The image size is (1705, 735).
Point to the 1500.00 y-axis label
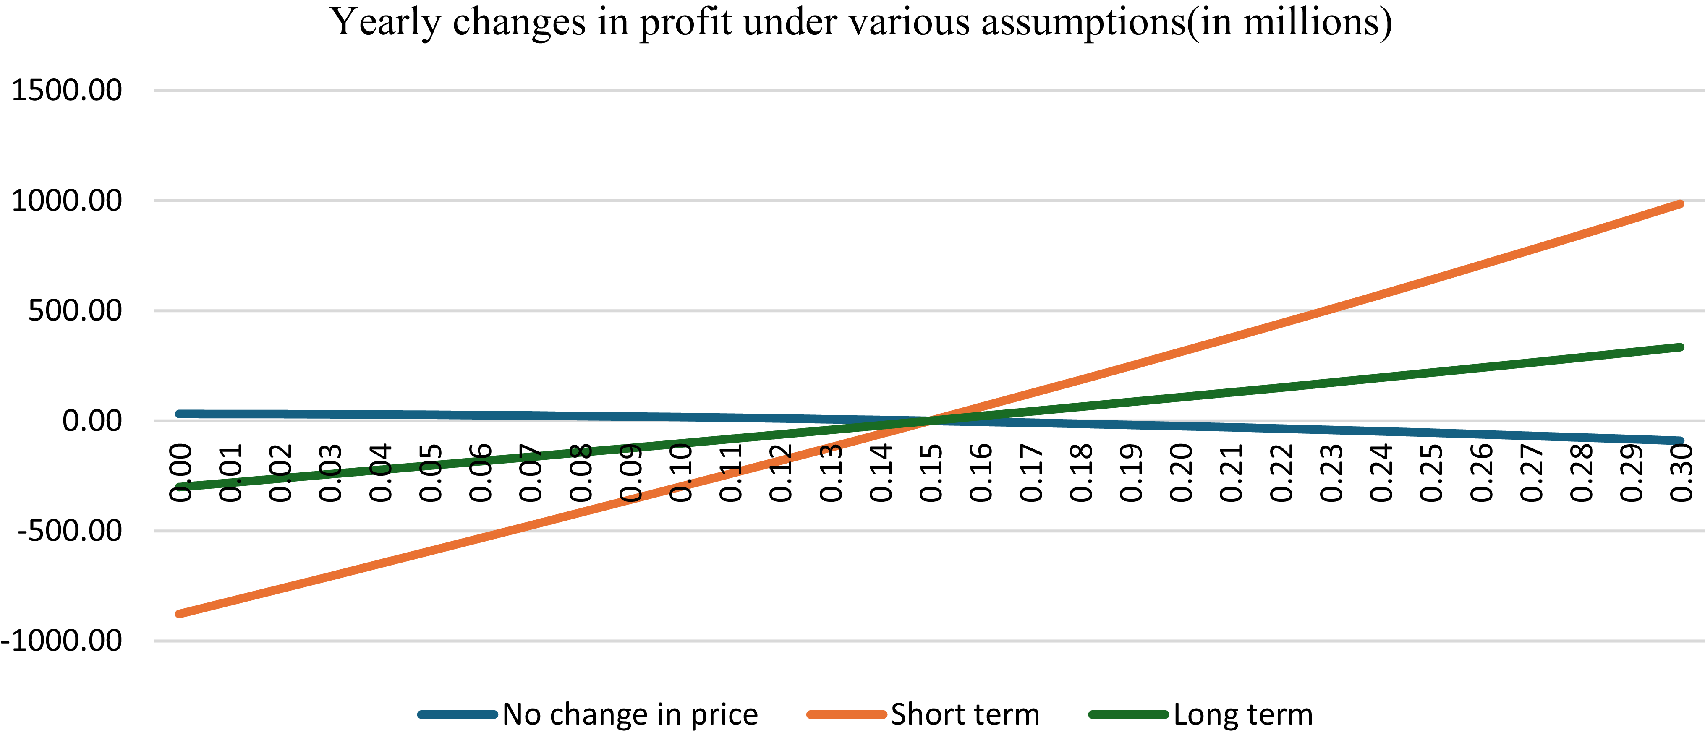67,90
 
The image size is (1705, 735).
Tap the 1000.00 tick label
67,201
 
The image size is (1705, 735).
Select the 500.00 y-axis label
75,310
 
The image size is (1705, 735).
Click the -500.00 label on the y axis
70,531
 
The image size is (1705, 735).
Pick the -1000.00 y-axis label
62,640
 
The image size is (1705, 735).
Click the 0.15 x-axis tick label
931,473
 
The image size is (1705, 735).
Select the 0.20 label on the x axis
1182,473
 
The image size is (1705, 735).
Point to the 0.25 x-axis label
1432,473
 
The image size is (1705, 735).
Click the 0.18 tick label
1082,473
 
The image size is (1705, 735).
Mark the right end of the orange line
1681,204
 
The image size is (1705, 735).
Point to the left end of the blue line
179,414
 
